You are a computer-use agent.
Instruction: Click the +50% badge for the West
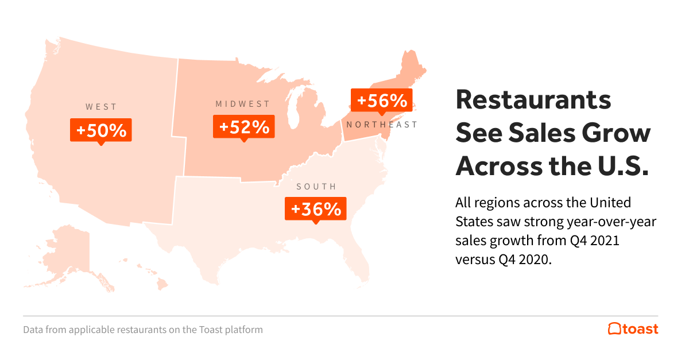point(101,130)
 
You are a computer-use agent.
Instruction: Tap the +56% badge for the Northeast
point(382,100)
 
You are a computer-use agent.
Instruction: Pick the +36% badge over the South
point(316,209)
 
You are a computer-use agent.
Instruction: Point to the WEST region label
point(101,107)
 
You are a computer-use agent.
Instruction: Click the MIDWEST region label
point(242,104)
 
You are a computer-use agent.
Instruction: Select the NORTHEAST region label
point(382,125)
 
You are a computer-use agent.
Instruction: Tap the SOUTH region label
point(316,187)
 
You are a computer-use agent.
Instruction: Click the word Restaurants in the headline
point(533,100)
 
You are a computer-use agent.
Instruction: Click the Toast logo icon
point(614,329)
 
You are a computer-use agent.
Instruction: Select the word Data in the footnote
point(33,330)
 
